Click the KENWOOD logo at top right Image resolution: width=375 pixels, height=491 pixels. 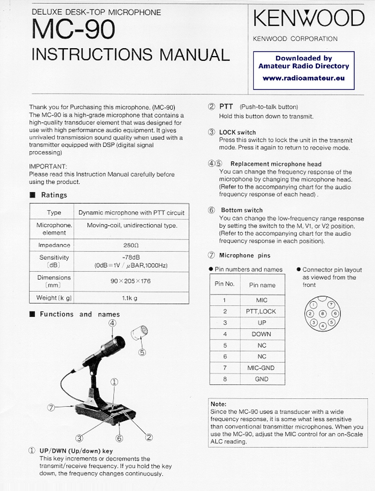click(x=308, y=19)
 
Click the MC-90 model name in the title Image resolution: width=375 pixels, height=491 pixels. click(x=73, y=30)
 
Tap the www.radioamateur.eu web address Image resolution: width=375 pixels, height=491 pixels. click(x=304, y=78)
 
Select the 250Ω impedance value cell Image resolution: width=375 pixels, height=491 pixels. click(x=131, y=245)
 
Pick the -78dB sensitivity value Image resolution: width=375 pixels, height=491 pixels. click(x=131, y=257)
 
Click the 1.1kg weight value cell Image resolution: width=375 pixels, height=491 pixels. click(x=131, y=298)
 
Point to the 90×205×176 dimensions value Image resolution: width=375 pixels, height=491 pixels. click(x=131, y=281)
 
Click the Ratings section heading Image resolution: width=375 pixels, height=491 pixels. click(x=54, y=195)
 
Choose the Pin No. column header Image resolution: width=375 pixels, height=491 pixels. click(x=225, y=284)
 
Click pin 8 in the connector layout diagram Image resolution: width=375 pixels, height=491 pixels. click(x=322, y=314)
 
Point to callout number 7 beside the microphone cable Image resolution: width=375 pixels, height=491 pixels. click(x=51, y=408)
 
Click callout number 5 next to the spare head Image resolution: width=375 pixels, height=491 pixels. click(x=142, y=352)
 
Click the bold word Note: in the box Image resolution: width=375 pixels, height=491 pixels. click(x=219, y=404)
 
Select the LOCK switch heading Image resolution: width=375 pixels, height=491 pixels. click(x=237, y=132)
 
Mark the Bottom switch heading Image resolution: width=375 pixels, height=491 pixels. click(x=242, y=210)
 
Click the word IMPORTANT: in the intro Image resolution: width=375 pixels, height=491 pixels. click(x=48, y=167)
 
